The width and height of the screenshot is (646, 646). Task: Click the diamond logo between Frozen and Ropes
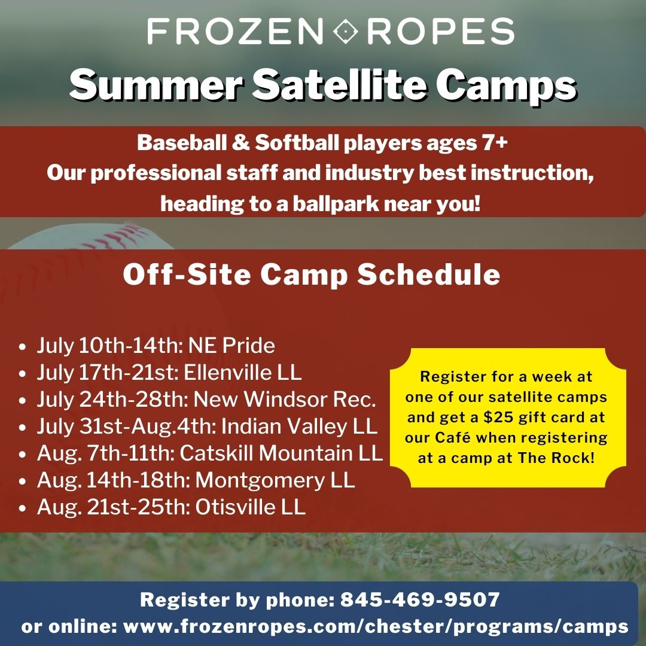tap(345, 31)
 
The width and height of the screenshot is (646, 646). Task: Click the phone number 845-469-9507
tap(420, 599)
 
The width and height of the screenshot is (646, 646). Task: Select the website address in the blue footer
tap(376, 627)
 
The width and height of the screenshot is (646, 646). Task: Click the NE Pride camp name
tap(231, 345)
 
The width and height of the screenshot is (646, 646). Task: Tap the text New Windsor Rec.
tap(285, 399)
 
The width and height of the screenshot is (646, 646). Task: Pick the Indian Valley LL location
tap(300, 427)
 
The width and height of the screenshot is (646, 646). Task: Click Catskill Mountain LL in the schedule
tap(281, 453)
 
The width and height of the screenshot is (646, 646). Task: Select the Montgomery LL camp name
tap(275, 481)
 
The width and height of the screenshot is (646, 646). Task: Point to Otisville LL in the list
tap(250, 507)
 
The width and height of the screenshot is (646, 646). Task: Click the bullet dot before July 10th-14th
tap(23, 347)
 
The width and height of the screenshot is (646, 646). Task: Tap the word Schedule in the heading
tap(428, 275)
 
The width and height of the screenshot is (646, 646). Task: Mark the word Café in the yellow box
tap(452, 437)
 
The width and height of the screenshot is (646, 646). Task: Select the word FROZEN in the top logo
tap(235, 31)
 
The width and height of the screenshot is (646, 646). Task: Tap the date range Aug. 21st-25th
tap(113, 507)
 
